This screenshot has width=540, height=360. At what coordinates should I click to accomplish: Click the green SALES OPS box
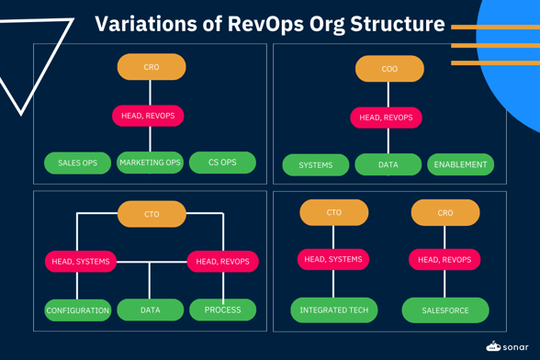coord(77,163)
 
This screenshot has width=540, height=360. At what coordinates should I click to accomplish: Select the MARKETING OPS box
coord(150,163)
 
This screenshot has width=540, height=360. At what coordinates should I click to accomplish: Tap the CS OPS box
coord(222,163)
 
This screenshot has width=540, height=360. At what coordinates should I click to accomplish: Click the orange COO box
coord(389,69)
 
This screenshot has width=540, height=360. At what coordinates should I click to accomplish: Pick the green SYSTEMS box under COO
coord(315,165)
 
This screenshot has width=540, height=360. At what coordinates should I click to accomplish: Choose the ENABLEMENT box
coord(460,165)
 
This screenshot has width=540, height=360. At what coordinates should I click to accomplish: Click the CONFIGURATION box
coord(78,310)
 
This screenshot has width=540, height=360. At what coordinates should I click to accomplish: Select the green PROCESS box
coord(222,310)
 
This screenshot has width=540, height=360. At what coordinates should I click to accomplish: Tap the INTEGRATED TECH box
coord(333,310)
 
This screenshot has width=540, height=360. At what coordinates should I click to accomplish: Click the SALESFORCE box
coord(445,310)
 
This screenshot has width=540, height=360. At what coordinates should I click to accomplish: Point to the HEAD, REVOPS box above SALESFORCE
coord(444,260)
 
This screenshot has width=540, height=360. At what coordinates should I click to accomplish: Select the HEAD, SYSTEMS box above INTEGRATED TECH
coord(333,260)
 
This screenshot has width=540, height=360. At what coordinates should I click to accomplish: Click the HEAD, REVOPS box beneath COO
coord(386,118)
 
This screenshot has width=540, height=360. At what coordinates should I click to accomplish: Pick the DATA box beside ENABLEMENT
coord(388,165)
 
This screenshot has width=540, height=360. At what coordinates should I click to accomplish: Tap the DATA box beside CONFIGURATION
coord(151,310)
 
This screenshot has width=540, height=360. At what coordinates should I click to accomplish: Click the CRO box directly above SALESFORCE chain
coord(445,213)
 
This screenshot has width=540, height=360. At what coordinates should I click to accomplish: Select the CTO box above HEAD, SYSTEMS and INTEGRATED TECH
coord(333,213)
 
